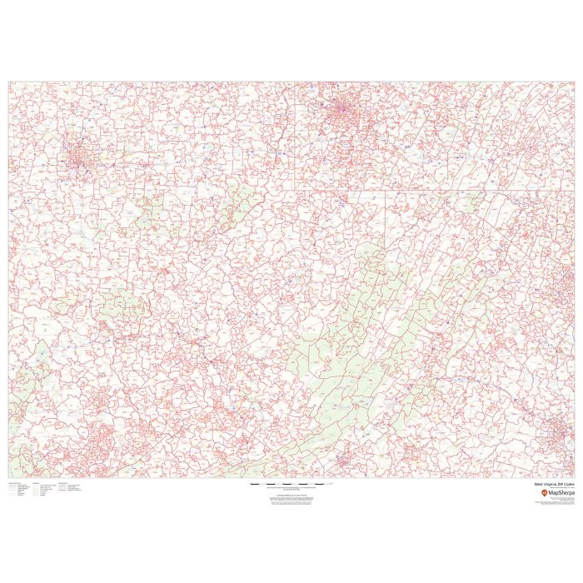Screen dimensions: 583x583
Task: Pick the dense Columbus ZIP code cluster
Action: point(81,156)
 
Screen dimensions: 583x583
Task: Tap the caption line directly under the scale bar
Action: point(291,487)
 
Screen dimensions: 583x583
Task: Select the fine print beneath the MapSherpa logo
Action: point(556,502)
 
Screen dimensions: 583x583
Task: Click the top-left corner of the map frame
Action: point(9,82)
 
